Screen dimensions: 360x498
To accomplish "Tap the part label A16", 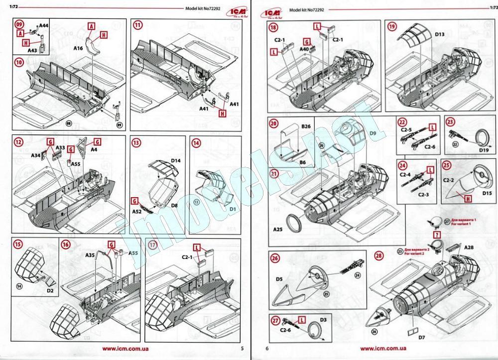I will pyautogui.click(x=78, y=49).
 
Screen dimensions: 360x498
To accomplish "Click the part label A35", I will pyautogui.click(x=90, y=254).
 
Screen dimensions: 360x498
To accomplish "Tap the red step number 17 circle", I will pyautogui.click(x=153, y=245).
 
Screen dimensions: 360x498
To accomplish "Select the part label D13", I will pyautogui.click(x=440, y=35).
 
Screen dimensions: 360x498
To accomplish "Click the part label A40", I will pyautogui.click(x=305, y=49).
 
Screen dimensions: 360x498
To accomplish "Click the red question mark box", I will pyautogui.click(x=437, y=234).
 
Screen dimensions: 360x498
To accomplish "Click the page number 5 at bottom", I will pyautogui.click(x=242, y=349).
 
